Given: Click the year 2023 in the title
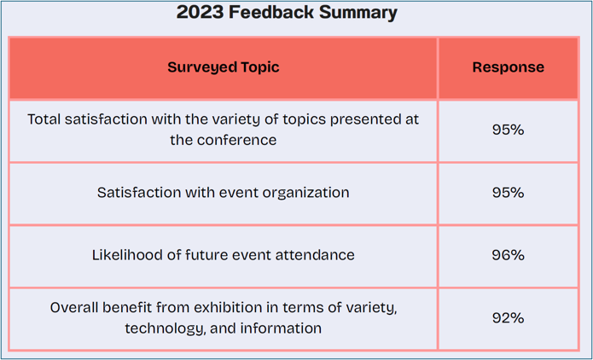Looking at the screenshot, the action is (200, 13).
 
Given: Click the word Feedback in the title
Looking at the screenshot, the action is (271, 13).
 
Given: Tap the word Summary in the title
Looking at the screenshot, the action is (358, 14).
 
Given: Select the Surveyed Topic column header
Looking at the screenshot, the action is (224, 67).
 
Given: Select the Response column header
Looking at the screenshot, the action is (509, 67).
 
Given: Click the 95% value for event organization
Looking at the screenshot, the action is (508, 193).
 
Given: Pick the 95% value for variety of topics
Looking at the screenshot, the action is (508, 130).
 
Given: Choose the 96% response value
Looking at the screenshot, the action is (508, 255).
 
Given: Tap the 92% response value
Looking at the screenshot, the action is (508, 318).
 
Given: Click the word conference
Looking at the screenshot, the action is (236, 140).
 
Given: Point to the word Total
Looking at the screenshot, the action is (44, 119).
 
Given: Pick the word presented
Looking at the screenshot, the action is (367, 120).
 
